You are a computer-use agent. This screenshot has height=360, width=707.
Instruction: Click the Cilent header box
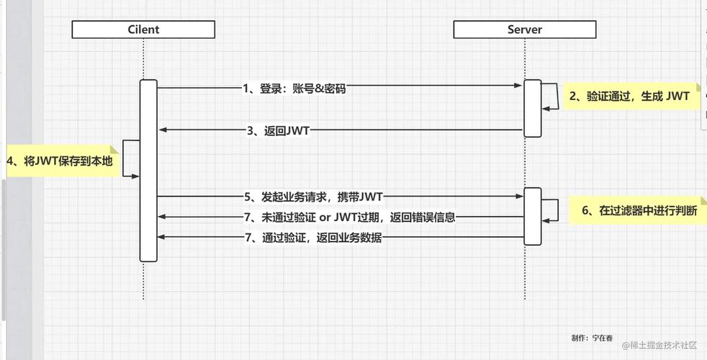click(x=143, y=30)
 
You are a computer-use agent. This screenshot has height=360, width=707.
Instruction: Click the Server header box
click(x=524, y=30)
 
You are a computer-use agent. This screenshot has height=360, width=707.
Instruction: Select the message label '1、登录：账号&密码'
click(x=294, y=89)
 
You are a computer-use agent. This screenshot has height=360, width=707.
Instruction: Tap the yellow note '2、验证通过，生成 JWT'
click(x=630, y=95)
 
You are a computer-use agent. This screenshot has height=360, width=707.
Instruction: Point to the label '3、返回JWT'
click(x=278, y=130)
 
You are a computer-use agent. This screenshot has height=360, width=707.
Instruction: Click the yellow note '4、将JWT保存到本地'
click(x=60, y=161)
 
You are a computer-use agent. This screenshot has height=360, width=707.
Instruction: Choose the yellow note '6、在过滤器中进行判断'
click(x=639, y=210)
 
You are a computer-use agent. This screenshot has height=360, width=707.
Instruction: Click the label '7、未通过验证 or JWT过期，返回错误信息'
click(x=350, y=217)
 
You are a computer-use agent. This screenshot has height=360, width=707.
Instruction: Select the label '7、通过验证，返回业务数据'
click(x=313, y=238)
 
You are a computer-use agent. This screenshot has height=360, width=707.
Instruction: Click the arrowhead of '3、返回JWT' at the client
click(x=163, y=130)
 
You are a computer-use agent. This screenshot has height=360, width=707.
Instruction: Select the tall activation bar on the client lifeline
click(x=148, y=171)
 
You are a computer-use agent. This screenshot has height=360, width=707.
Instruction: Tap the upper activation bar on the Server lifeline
click(x=532, y=108)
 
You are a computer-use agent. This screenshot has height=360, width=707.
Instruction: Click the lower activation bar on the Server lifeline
click(x=532, y=216)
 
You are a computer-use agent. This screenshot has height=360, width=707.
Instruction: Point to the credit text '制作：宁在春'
click(x=592, y=338)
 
